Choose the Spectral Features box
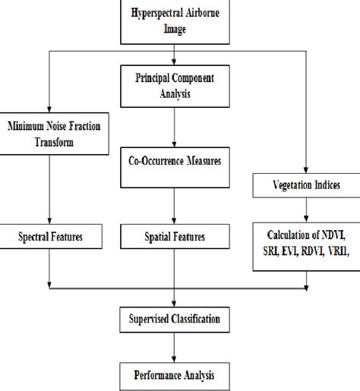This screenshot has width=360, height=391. point(49,238)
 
